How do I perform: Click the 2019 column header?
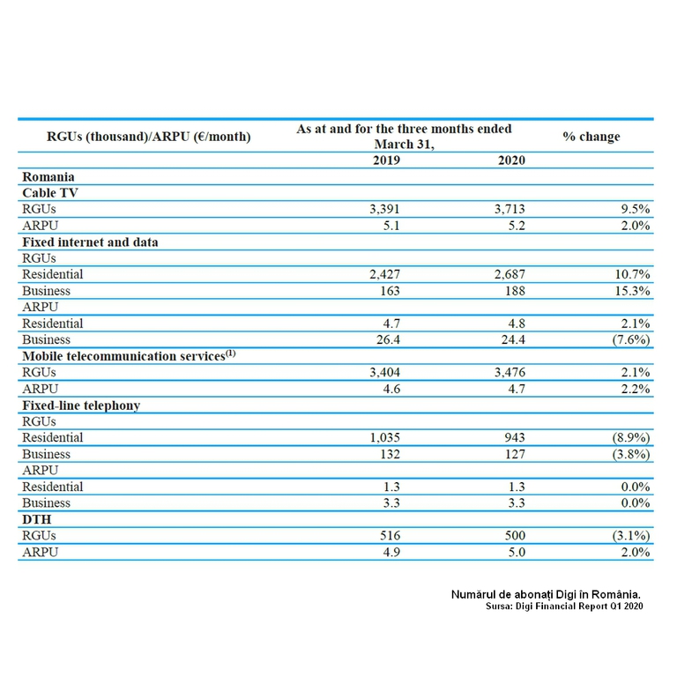coord(386,160)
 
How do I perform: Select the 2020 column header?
coord(511,160)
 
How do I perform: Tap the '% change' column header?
coord(591,137)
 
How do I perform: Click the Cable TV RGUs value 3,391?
coord(382,209)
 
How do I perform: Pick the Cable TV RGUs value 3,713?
coord(507,209)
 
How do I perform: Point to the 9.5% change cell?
coord(634,209)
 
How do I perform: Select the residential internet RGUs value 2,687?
coord(507,274)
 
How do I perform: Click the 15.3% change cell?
coord(631,291)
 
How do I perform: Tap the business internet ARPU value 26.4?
coord(387,339)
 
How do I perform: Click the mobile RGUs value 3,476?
coord(507,372)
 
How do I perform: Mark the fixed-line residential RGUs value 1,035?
coord(382,437)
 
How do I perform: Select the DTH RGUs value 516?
coord(387,535)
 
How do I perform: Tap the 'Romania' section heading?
coord(48,176)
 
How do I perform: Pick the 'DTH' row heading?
coord(36,519)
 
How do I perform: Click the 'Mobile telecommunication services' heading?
coord(129,355)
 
